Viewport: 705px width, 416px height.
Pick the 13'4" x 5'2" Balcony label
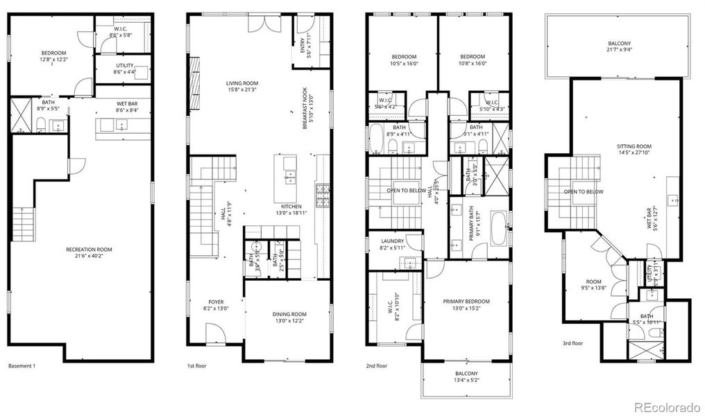point(466,377)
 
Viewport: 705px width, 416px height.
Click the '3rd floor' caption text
point(572,343)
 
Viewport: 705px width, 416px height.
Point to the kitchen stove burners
point(323,195)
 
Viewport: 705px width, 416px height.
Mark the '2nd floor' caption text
point(377,365)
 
